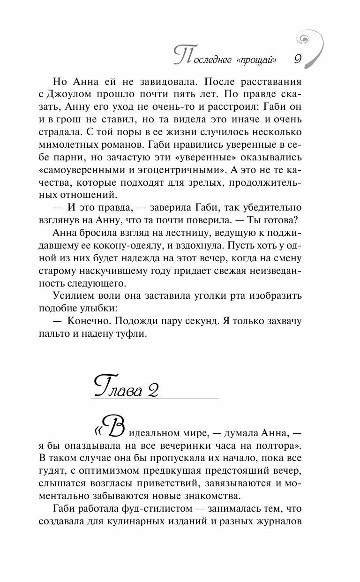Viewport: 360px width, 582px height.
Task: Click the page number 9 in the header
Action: tap(298, 59)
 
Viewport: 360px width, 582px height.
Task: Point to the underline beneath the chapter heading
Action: tap(155, 399)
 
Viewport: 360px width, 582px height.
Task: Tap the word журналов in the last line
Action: tap(277, 522)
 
